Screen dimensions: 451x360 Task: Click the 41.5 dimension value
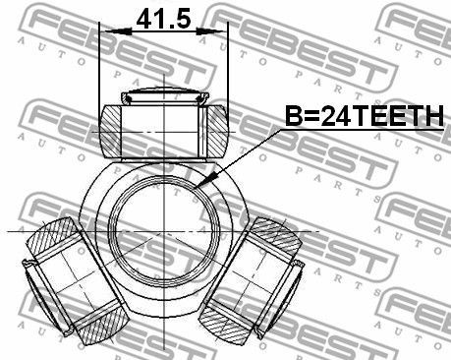[163, 19]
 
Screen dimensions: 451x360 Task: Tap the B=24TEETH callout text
[365, 116]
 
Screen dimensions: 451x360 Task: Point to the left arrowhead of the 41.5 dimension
[117, 31]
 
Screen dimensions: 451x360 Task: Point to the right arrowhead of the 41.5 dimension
[211, 31]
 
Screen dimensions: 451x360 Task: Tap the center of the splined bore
[163, 231]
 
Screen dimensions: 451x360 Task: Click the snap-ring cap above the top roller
[165, 96]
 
